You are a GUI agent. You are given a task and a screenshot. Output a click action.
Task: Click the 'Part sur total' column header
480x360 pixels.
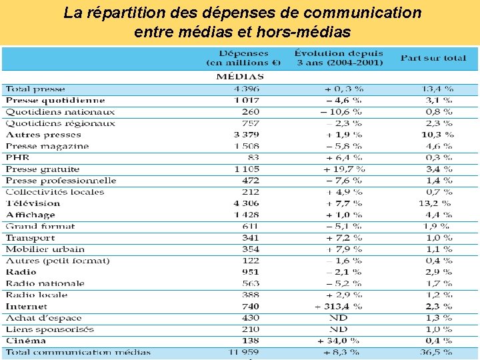pos(433,58)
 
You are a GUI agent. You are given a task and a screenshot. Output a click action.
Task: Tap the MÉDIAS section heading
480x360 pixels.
pos(240,77)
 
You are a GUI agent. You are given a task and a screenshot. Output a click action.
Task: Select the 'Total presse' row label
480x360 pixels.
pos(35,89)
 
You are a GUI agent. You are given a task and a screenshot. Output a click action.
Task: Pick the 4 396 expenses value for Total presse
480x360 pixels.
pos(247,89)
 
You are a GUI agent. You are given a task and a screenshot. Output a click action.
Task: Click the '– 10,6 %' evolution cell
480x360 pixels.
pos(341,111)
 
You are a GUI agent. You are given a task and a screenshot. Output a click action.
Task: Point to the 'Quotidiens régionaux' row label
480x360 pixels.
pos(61,123)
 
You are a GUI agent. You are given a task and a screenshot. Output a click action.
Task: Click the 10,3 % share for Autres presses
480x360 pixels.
pos(437,135)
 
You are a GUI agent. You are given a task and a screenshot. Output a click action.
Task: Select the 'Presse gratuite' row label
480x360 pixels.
pos(43,169)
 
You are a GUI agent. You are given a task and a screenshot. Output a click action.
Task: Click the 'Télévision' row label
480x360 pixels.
pos(33,203)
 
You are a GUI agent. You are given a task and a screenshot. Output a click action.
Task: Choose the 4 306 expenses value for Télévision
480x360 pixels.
pos(247,203)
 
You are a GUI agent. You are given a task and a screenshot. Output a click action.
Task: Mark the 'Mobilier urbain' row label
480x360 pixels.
pos(45,249)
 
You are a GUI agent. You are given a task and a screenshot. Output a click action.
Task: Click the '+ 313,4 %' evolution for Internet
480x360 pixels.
pos(339,306)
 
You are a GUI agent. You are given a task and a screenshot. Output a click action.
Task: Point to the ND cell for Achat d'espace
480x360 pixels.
pos(339,318)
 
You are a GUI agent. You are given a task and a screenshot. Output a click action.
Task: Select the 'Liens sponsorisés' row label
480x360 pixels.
pos(50,329)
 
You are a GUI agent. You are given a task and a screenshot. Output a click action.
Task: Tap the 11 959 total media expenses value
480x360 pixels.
pos(245,352)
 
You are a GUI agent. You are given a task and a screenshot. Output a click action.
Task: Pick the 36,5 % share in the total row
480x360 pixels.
pos(437,352)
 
